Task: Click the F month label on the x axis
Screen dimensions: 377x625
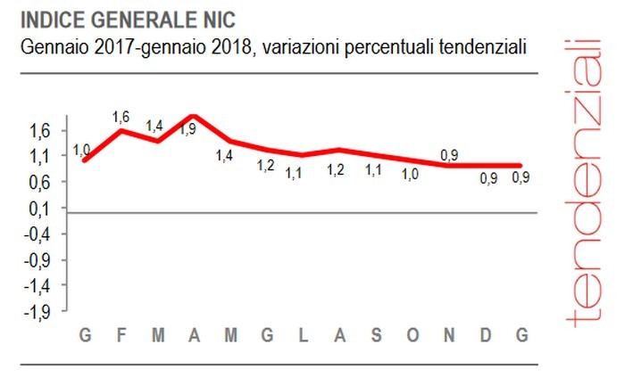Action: [121, 335]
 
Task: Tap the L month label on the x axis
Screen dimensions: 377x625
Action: [303, 335]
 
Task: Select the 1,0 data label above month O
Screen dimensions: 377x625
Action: [410, 175]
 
